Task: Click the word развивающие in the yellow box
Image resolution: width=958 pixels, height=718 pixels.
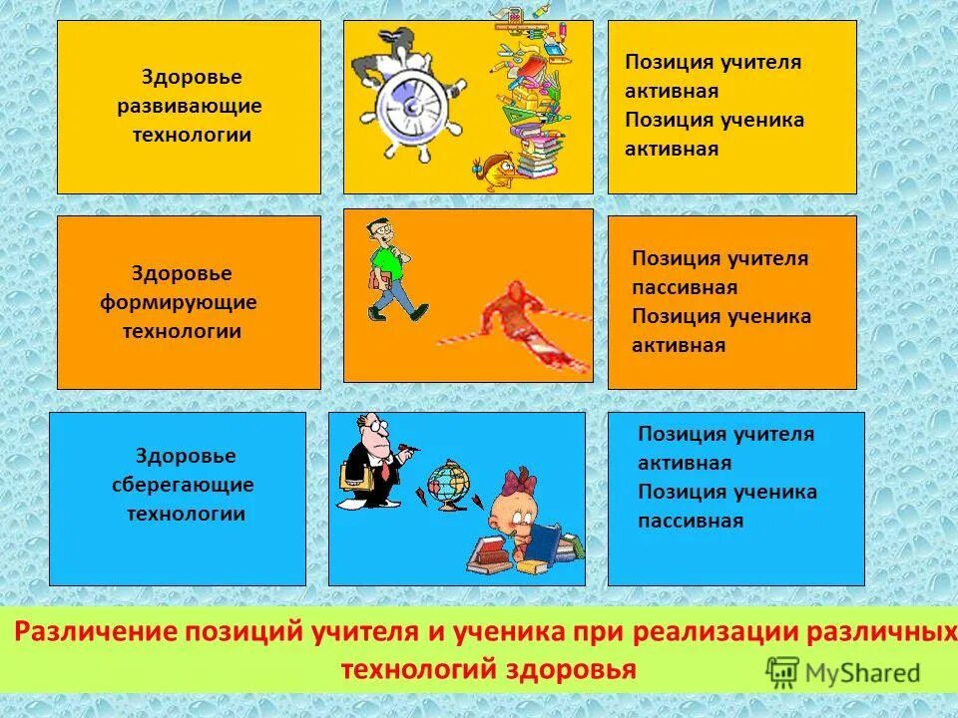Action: (189, 106)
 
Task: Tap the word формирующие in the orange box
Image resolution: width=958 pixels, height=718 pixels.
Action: (179, 302)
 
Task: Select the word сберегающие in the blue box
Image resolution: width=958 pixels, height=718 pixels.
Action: (183, 486)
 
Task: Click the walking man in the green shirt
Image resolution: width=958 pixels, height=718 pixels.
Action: (392, 268)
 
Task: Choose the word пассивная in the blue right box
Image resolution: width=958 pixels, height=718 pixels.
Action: (691, 522)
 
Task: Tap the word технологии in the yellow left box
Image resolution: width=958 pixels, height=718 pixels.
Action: (193, 135)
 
